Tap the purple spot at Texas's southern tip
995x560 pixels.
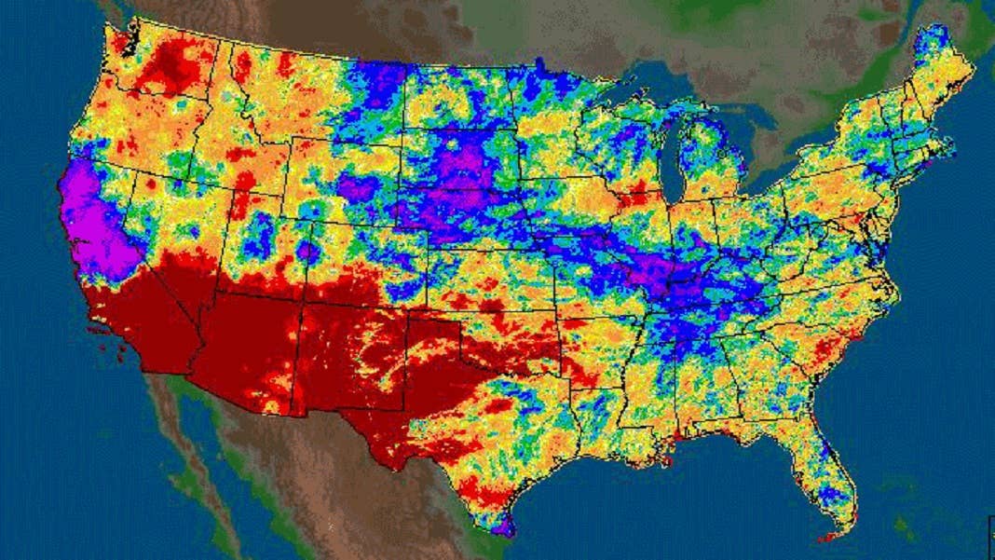[503, 526]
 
